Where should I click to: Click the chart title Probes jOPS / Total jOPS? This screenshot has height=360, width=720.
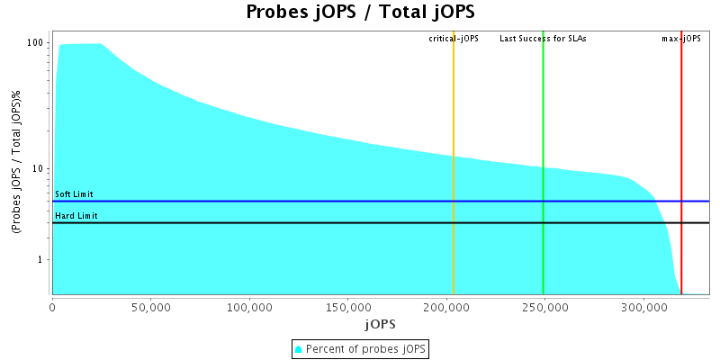[360, 13]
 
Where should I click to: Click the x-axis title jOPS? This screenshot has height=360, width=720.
[379, 323]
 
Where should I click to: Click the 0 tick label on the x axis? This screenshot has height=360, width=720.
[52, 307]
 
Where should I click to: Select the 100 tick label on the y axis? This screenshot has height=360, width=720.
[36, 43]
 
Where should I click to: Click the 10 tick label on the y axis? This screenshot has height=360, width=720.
[39, 169]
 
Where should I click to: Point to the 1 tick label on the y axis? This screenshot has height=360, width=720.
[41, 260]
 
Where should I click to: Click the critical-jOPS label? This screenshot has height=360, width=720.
[454, 39]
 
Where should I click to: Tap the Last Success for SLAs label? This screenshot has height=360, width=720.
[543, 39]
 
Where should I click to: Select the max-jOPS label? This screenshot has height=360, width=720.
[681, 39]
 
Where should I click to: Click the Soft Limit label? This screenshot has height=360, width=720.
[74, 194]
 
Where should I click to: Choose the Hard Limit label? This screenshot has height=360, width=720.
[76, 216]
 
